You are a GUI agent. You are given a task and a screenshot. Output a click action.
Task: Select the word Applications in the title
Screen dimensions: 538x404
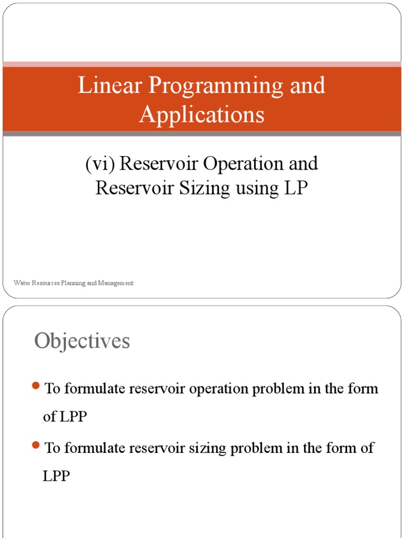(201, 115)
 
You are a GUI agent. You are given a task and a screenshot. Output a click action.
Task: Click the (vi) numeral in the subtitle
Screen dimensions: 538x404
(100, 164)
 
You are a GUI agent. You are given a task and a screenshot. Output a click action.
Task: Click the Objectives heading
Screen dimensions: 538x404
(82, 342)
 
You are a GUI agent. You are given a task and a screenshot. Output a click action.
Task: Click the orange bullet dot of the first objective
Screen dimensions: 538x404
(36, 386)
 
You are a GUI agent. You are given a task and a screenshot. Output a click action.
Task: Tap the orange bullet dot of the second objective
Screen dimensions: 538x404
(36, 445)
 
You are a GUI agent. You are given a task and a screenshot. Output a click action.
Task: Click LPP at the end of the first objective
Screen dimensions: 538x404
(73, 417)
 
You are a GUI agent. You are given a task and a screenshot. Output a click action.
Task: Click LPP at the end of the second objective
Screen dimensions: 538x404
(56, 476)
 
